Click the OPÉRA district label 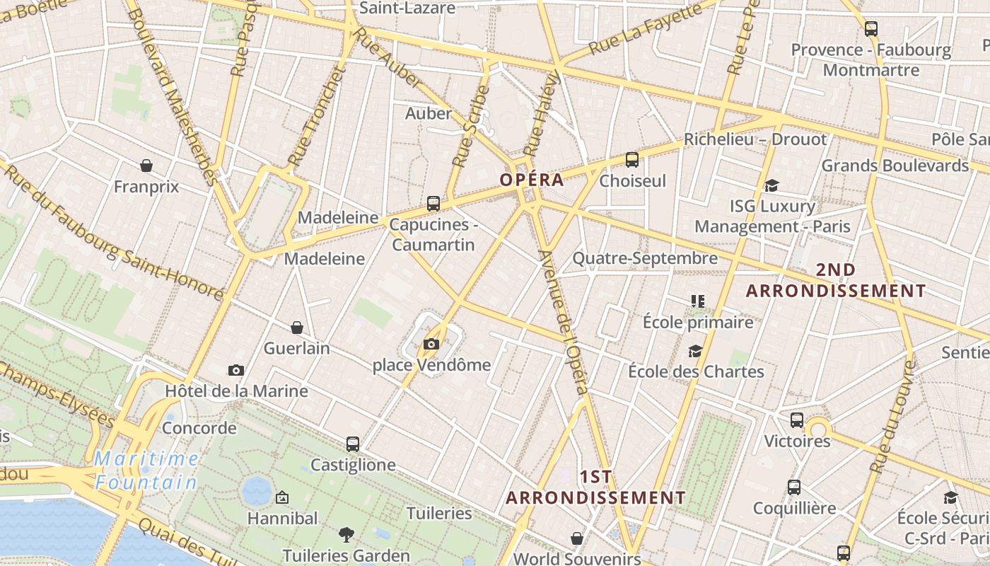click(x=532, y=180)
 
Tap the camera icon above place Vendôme click(x=431, y=345)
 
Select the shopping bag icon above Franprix click(x=146, y=166)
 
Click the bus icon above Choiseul click(x=632, y=160)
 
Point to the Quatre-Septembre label click(x=644, y=258)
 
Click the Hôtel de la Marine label click(x=236, y=391)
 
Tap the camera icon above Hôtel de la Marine click(x=236, y=370)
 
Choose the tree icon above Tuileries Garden click(x=346, y=534)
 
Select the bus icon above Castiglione click(x=353, y=444)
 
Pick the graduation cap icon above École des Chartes click(x=696, y=351)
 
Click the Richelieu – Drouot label click(x=755, y=139)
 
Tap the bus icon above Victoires click(x=797, y=420)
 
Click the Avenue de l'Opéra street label click(x=563, y=322)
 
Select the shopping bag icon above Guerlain click(x=297, y=328)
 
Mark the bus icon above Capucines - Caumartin click(x=433, y=204)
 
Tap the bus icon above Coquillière click(x=794, y=487)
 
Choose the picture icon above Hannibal click(x=282, y=497)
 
